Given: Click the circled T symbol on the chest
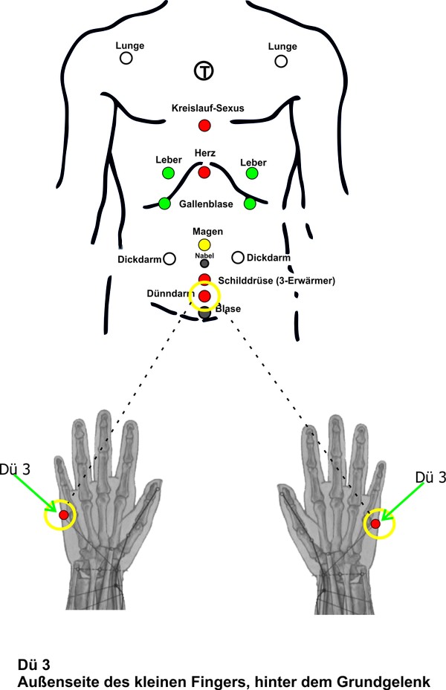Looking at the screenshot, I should point(204,71).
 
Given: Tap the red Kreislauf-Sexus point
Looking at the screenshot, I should point(204,126).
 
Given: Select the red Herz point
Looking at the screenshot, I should point(204,172).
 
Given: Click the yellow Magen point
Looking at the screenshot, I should point(204,244).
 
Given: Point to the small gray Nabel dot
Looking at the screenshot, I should point(204,263).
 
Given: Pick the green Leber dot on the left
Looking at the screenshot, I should point(168,173).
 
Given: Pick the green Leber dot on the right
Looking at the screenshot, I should point(252,173).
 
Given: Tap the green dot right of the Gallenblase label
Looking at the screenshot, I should point(250,203).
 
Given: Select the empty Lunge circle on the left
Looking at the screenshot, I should point(126,58).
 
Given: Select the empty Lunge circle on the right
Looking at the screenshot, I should point(281,60).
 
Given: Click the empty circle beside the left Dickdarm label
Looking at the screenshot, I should point(169,258).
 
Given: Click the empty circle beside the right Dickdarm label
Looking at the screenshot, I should point(238,258).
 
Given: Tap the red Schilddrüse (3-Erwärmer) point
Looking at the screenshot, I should point(204,279).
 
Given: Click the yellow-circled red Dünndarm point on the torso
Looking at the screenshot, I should point(204,296).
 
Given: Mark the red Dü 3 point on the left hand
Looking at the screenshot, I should point(64,515).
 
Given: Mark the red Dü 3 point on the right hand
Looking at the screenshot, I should point(375,524).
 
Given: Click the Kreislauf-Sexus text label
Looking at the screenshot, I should point(207,108).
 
